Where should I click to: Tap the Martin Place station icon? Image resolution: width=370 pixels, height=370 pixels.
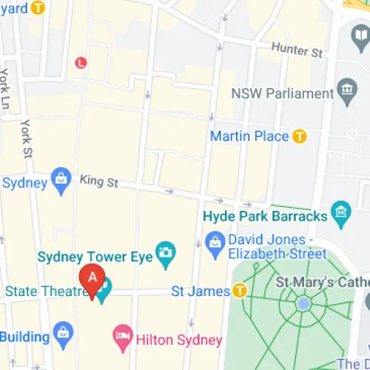pyautogui.click(x=299, y=136)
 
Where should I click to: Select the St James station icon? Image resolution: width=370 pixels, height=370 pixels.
pyautogui.click(x=240, y=291)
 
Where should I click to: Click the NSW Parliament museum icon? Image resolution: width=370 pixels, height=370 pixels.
pyautogui.click(x=346, y=94)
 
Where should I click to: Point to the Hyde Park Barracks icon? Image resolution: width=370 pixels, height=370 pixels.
pyautogui.click(x=340, y=215)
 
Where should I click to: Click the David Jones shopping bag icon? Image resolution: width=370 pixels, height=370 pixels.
pyautogui.click(x=215, y=240)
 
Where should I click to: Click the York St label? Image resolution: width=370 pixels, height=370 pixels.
pyautogui.click(x=27, y=138)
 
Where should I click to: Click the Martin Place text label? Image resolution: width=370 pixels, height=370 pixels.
pyautogui.click(x=249, y=136)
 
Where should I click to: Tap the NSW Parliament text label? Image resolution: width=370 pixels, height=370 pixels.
pyautogui.click(x=282, y=94)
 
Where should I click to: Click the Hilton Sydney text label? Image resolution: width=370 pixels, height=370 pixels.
pyautogui.click(x=178, y=340)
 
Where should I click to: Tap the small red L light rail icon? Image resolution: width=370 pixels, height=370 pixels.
pyautogui.click(x=81, y=63)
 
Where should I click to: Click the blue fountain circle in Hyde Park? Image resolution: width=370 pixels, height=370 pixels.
pyautogui.click(x=303, y=303)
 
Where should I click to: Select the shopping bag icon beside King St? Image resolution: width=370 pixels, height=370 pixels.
pyautogui.click(x=60, y=179)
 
